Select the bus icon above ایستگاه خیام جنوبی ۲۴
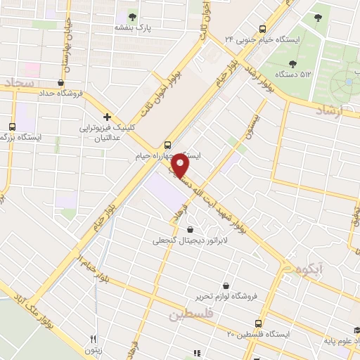click(262, 30)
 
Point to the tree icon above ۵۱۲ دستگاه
click(305, 63)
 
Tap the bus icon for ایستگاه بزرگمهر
click(11, 127)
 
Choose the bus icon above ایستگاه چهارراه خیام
click(167, 143)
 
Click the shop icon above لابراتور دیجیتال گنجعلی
click(190, 229)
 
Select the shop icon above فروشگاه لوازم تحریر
click(226, 285)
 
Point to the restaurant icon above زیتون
click(91, 338)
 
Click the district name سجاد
click(18, 84)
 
